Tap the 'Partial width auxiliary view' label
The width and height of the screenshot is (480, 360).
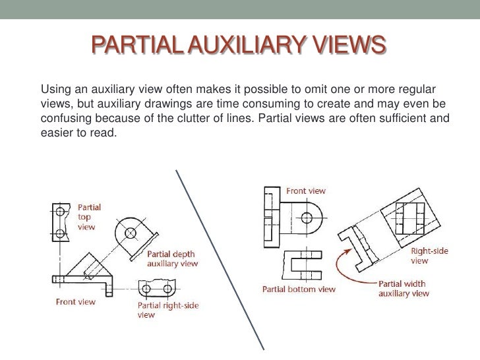(x=404, y=288)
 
